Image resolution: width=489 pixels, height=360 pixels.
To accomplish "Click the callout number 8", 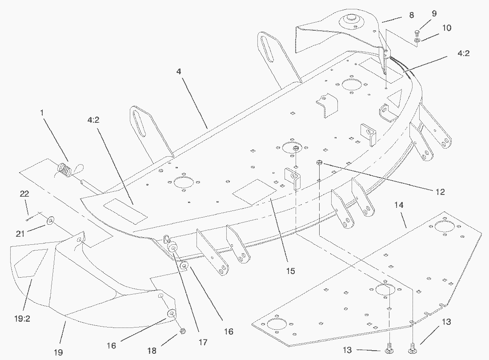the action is [x=412, y=15].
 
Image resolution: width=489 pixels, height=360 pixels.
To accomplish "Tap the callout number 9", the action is [x=434, y=13].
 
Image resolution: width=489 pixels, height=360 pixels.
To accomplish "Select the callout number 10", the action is [x=447, y=28].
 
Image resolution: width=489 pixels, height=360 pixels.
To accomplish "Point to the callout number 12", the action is [x=440, y=192].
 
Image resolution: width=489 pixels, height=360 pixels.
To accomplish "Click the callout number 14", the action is [x=399, y=205].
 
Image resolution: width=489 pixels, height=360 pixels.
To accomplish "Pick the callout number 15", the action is [x=290, y=271].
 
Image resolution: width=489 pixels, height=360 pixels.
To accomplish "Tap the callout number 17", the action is [x=203, y=342].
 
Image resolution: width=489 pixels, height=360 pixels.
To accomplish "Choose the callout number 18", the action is [x=152, y=351].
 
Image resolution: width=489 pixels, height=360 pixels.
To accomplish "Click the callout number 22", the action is [x=24, y=194].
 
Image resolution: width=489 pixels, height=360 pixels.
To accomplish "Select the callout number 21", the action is [x=20, y=234].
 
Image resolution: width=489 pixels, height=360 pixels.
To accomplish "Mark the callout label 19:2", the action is [x=22, y=319].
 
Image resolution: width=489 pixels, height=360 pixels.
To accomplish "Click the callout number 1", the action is [x=42, y=113].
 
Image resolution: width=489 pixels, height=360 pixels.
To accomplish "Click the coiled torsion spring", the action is [x=64, y=169].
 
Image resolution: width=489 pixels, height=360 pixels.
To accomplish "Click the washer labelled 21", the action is [x=50, y=221].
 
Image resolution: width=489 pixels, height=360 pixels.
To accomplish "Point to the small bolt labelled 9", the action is [x=417, y=32].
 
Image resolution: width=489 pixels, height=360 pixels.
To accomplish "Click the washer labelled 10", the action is [x=417, y=40].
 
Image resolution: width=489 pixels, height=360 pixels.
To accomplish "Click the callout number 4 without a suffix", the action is [x=178, y=71].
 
